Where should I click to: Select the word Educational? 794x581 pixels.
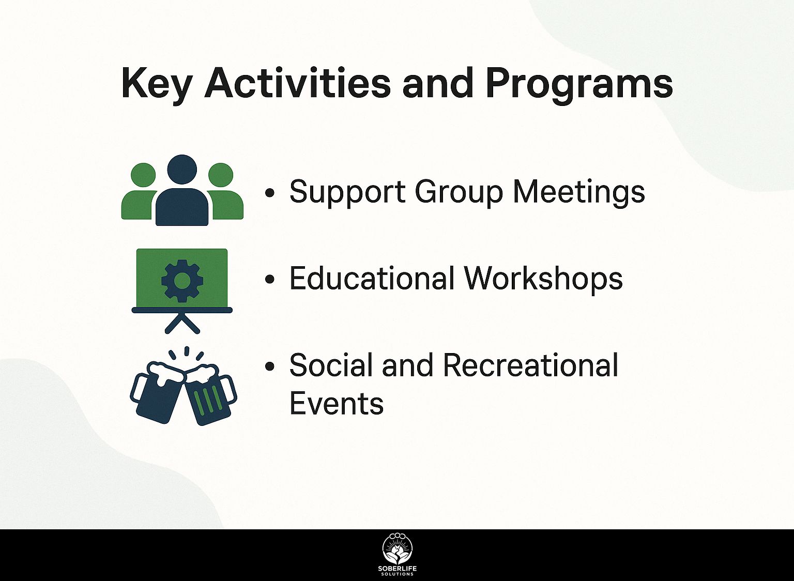tap(372, 278)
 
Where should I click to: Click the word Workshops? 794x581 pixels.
tap(544, 279)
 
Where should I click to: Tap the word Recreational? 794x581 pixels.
tap(530, 365)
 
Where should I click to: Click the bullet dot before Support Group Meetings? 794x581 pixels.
tap(270, 193)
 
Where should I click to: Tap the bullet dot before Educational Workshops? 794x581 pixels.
tap(270, 279)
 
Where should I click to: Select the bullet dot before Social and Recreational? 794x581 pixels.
tap(270, 366)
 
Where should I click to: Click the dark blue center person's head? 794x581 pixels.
tap(182, 170)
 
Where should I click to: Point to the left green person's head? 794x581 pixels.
tap(143, 175)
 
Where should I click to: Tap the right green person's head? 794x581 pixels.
tap(221, 175)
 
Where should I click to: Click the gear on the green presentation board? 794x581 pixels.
tap(182, 281)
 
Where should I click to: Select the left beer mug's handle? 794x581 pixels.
tap(136, 389)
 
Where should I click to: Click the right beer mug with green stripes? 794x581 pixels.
tap(209, 395)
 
